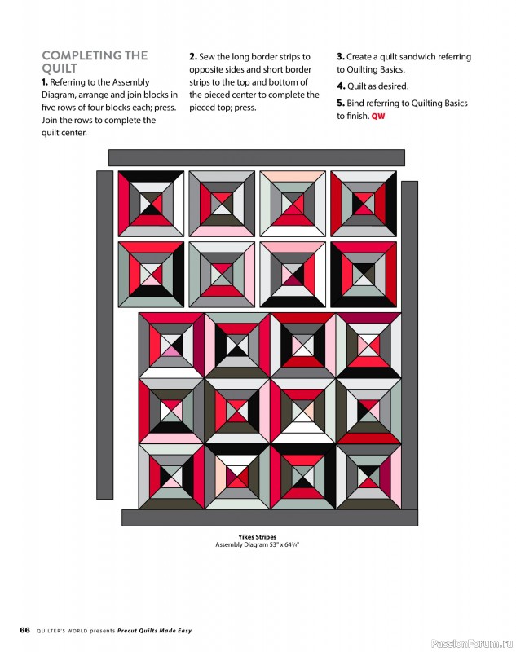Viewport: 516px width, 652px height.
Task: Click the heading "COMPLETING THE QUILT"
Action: pyautogui.click(x=95, y=62)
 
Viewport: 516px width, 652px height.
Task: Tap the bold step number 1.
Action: pyautogui.click(x=45, y=82)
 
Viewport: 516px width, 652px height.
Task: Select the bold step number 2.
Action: pyautogui.click(x=193, y=57)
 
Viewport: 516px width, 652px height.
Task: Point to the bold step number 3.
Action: pyautogui.click(x=340, y=57)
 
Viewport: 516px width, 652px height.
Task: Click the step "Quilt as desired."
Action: pyautogui.click(x=377, y=86)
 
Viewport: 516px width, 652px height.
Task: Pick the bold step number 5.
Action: pyautogui.click(x=340, y=104)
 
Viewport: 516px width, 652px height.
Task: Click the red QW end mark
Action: pyautogui.click(x=378, y=117)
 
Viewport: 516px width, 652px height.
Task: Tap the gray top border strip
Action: pyautogui.click(x=256, y=157)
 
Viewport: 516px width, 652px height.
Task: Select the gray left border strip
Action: pyautogui.click(x=104, y=334)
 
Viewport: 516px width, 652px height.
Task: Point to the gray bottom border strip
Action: pyautogui.click(x=269, y=518)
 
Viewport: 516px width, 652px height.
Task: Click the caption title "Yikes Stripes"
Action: pyautogui.click(x=257, y=537)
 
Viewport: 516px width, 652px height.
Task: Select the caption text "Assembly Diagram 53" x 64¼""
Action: pyautogui.click(x=257, y=545)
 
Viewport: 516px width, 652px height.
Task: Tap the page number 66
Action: pyautogui.click(x=25, y=630)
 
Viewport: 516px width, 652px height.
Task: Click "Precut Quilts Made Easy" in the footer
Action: pyautogui.click(x=154, y=631)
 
